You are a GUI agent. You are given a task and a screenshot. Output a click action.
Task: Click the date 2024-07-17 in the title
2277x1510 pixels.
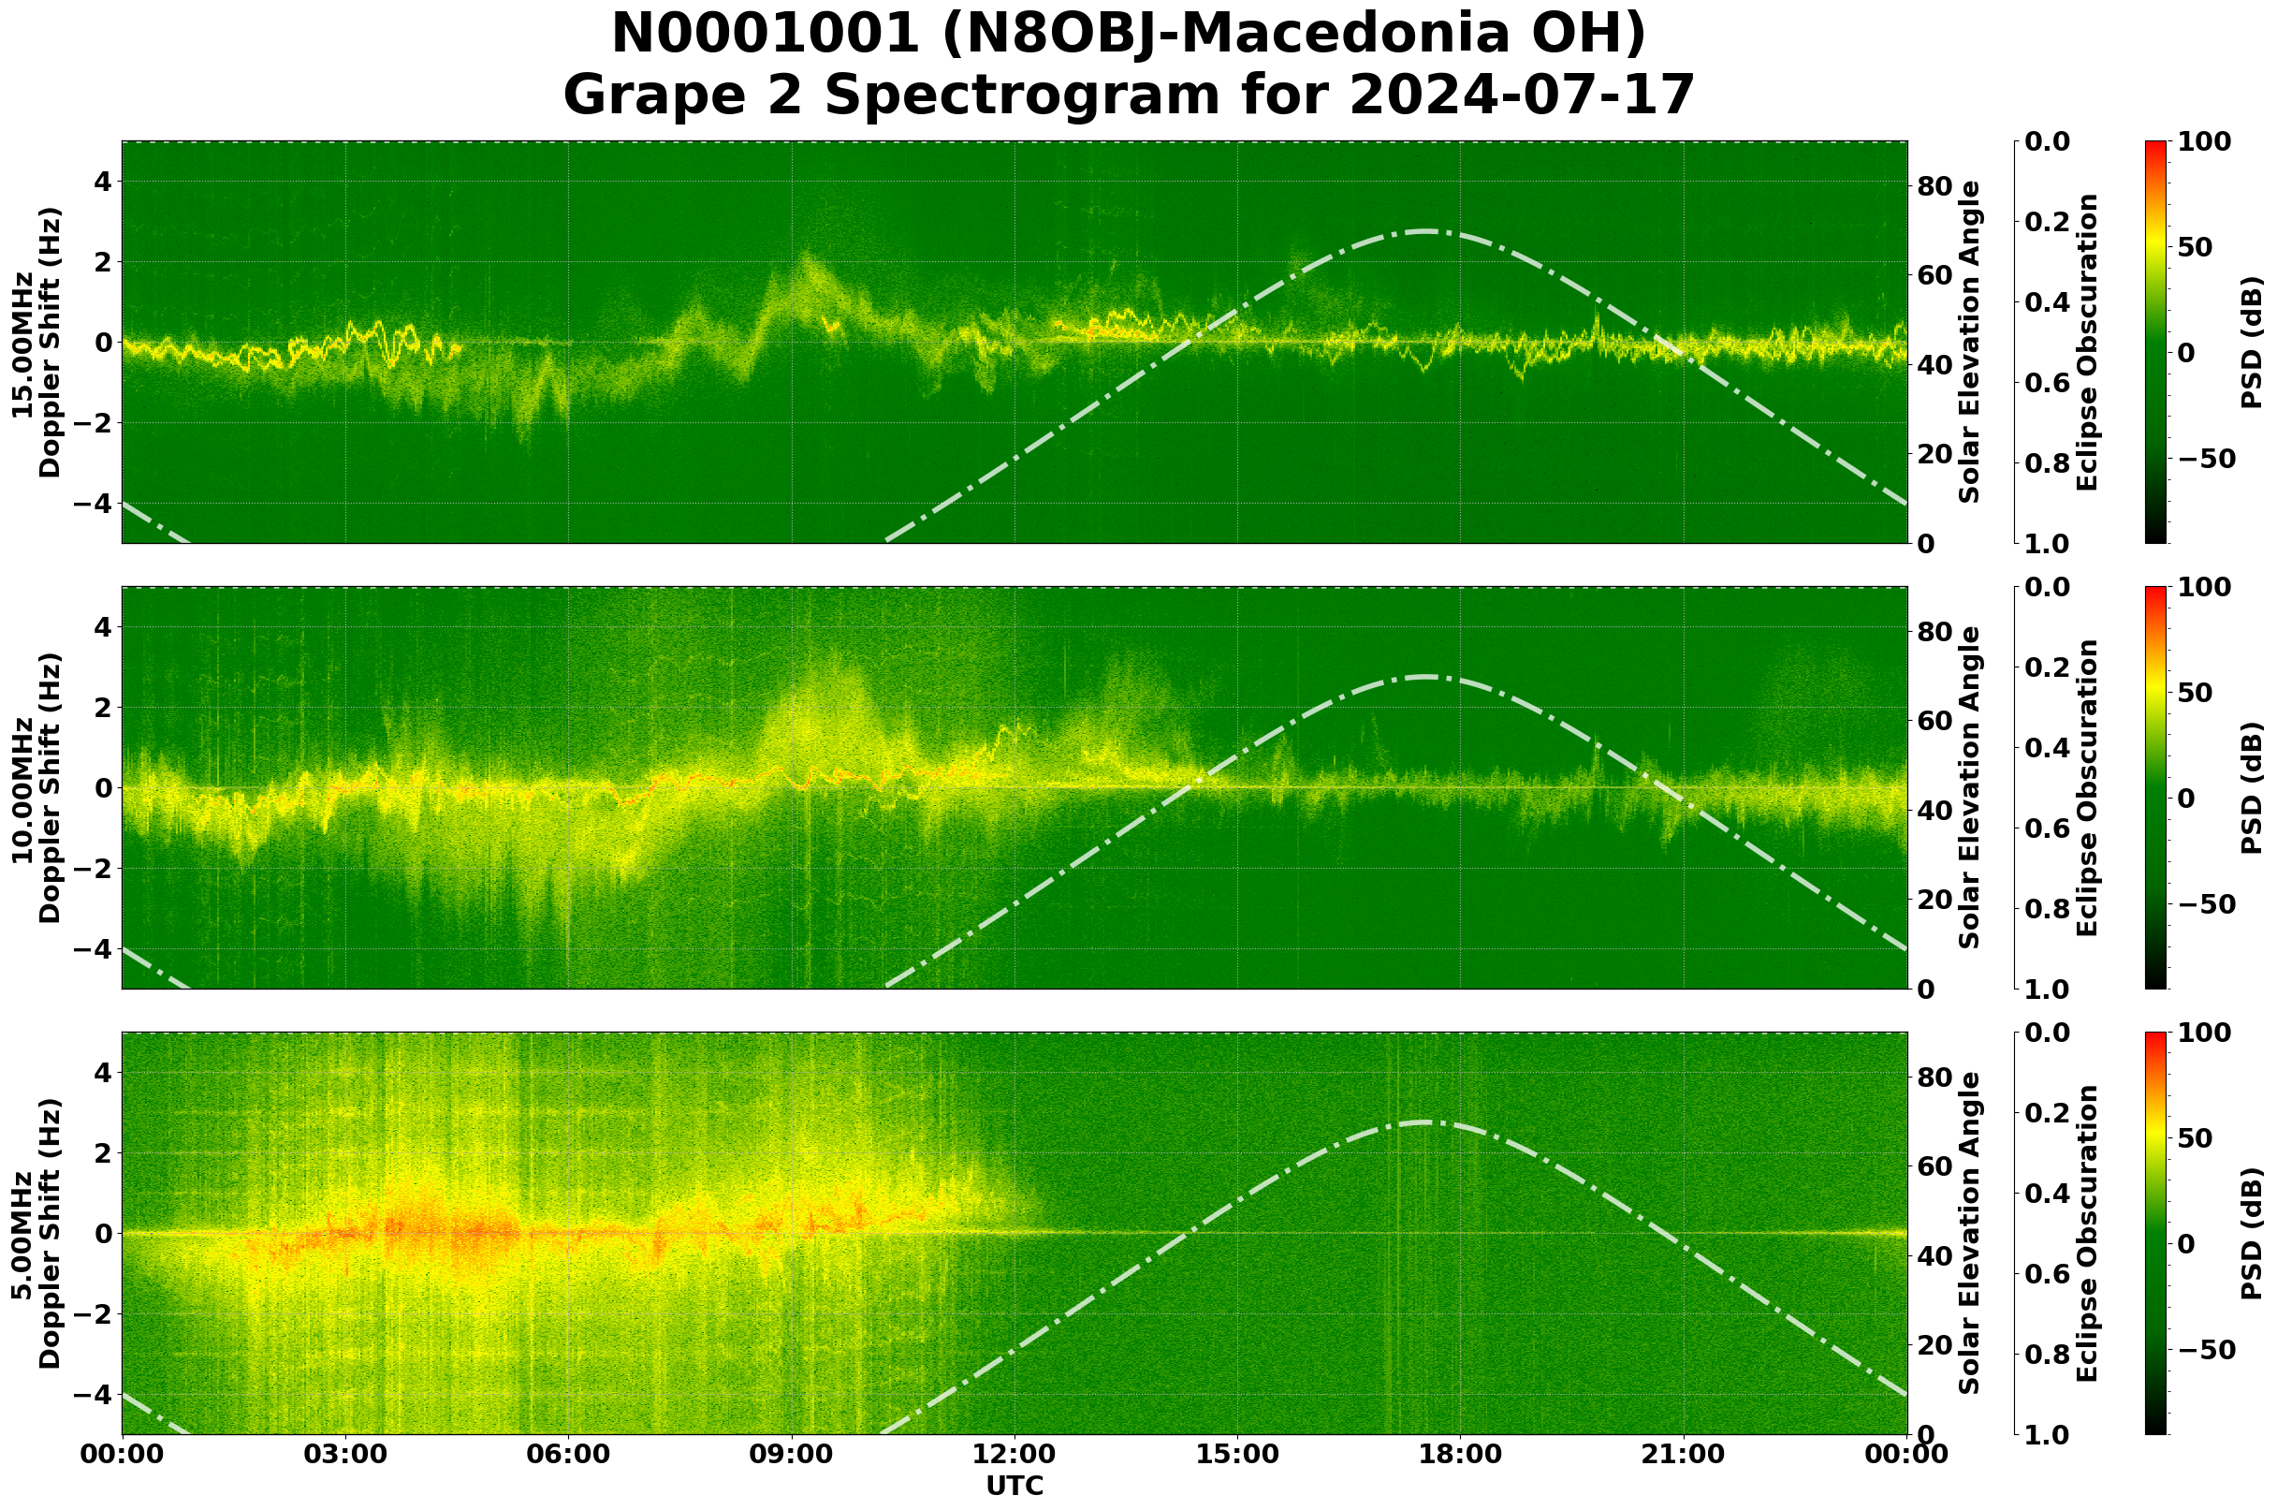pos(1521,95)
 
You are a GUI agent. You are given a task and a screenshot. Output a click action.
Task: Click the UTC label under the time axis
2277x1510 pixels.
pos(1014,1485)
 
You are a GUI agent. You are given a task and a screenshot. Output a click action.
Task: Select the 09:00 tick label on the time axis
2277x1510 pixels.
pos(792,1454)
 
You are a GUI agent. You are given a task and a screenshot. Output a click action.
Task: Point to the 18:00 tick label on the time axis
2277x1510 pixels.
pos(1461,1454)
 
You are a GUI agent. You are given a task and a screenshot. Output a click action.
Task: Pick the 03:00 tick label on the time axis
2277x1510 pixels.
pos(345,1454)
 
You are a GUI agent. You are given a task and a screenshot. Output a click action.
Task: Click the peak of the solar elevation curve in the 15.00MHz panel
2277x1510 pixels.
pos(1426,231)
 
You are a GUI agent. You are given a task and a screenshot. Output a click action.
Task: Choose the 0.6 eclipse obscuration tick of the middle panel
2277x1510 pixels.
pos(2050,829)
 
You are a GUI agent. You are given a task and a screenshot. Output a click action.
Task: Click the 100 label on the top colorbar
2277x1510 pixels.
pos(2203,141)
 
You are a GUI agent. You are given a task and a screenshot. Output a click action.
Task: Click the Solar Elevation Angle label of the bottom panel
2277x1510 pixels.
pos(1970,1234)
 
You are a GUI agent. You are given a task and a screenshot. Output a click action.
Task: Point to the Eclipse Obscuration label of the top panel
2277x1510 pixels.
pos(2086,343)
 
